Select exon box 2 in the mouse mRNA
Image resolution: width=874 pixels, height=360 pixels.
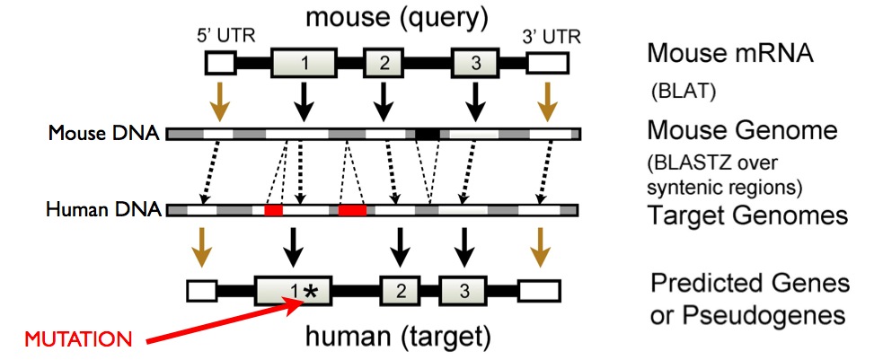[384, 63]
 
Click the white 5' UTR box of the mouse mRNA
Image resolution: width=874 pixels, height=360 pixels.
[220, 63]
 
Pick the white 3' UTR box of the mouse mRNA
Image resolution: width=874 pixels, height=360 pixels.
[547, 63]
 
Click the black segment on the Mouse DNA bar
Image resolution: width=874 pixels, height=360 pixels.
[428, 134]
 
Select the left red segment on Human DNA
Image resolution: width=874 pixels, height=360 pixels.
[273, 210]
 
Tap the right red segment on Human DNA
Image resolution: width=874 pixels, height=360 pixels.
[352, 210]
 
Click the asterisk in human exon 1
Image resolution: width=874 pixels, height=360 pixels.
[311, 289]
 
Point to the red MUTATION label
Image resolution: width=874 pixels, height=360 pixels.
[75, 340]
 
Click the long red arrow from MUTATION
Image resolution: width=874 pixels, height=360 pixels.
[225, 324]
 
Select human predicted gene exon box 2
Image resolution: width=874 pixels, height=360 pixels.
[402, 289]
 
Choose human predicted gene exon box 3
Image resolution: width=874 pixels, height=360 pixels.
[463, 289]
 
